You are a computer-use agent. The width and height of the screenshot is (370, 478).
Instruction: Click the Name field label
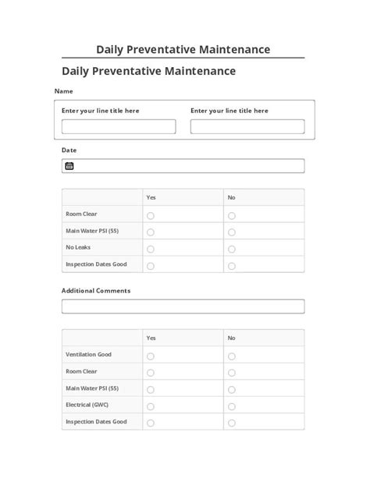[x=63, y=91]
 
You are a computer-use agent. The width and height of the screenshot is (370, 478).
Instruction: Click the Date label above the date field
[x=69, y=149]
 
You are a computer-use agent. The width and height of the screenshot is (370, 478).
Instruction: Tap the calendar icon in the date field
[x=69, y=166]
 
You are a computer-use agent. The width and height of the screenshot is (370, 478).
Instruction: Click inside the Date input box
[x=187, y=166]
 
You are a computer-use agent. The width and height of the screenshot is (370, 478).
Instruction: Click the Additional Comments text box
[x=183, y=306]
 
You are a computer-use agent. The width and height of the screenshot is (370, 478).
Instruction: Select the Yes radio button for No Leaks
[x=151, y=249]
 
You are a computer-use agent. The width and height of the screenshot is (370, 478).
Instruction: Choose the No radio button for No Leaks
[x=232, y=249]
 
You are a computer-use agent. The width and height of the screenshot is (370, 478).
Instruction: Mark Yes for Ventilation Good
[x=151, y=356]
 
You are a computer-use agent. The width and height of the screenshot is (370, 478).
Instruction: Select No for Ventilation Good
[x=232, y=356]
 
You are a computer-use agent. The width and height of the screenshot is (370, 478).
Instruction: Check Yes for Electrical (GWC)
[x=151, y=406]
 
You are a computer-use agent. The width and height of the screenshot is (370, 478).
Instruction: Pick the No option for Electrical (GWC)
[x=232, y=406]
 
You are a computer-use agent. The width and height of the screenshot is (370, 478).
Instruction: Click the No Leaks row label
[x=79, y=247]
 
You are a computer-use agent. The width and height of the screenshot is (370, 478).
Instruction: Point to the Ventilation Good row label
[x=89, y=355]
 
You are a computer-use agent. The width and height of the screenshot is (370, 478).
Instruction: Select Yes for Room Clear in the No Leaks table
[x=151, y=215]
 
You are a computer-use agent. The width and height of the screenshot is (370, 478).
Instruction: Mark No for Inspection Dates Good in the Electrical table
[x=232, y=423]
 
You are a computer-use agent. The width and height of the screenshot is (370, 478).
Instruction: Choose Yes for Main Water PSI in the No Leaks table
[x=151, y=232]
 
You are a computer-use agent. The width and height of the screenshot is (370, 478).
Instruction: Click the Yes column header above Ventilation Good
[x=151, y=338]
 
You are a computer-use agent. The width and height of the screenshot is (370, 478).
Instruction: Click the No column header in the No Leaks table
[x=232, y=197]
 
